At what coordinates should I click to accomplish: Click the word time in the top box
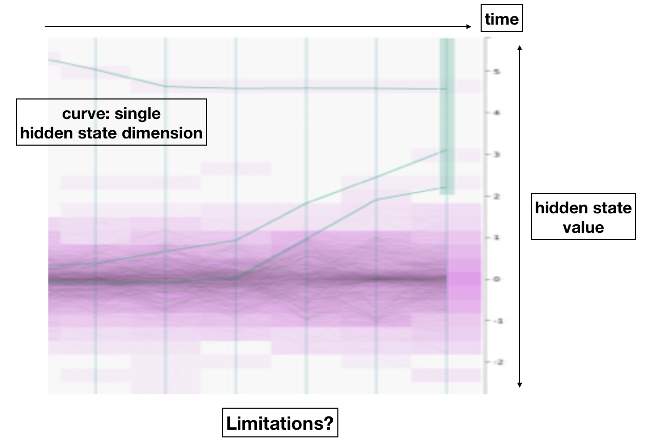click(502, 19)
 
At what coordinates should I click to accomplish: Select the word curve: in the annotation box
click(85, 113)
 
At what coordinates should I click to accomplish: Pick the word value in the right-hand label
click(583, 227)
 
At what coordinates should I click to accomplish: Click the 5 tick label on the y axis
click(495, 72)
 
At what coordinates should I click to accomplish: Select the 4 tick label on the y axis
click(495, 113)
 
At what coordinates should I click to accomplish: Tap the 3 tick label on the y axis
click(495, 155)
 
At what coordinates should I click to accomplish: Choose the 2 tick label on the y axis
click(495, 196)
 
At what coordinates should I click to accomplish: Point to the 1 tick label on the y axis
click(495, 238)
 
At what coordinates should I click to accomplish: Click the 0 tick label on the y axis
click(495, 279)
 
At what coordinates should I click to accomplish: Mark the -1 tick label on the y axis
click(494, 321)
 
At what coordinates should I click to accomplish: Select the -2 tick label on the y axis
click(494, 363)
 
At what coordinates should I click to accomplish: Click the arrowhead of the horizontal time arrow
click(468, 26)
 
